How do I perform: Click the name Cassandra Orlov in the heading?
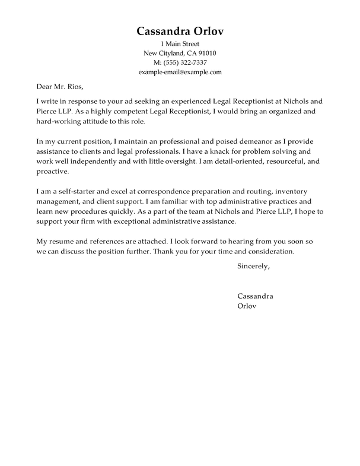pos(180,30)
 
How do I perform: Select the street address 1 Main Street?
pos(180,45)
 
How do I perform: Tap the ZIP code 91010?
pos(206,53)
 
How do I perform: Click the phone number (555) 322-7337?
pos(184,62)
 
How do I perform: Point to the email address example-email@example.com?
pos(180,71)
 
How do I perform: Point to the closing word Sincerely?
pos(253,267)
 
